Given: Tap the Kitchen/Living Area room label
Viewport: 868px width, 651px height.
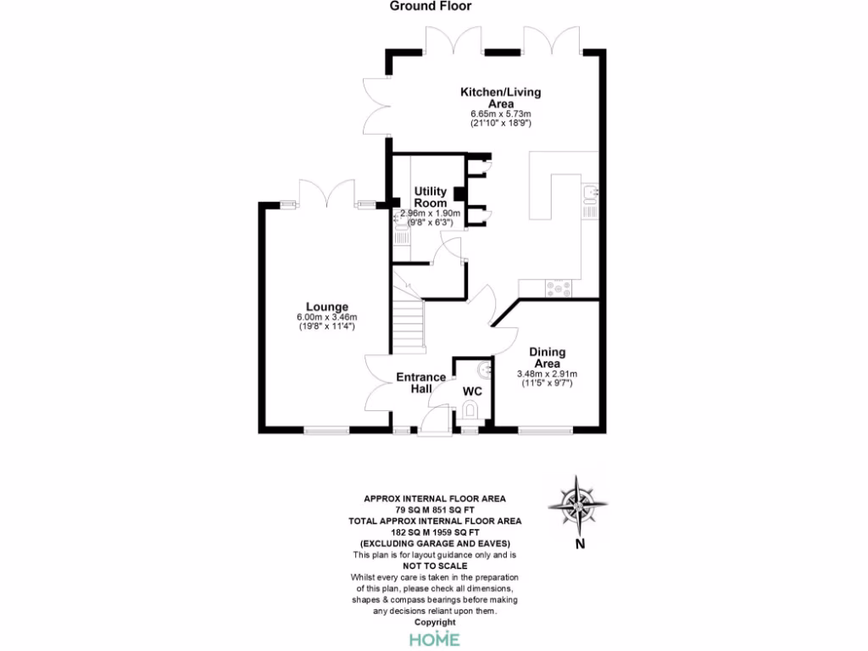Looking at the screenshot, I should click(500, 97).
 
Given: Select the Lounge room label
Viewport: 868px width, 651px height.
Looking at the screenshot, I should click(327, 307).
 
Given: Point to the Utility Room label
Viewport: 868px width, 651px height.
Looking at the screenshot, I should click(431, 198).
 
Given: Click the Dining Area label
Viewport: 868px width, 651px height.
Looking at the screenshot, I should click(547, 358).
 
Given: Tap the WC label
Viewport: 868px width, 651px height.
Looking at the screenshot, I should click(472, 392).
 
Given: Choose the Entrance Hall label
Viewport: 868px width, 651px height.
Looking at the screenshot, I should click(421, 383).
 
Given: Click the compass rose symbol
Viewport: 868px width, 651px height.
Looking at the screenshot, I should click(577, 506).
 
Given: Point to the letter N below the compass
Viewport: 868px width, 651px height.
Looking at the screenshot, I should click(579, 544).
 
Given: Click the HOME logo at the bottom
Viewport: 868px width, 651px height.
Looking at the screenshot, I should click(435, 638).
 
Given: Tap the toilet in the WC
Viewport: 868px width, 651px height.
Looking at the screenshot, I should click(472, 413).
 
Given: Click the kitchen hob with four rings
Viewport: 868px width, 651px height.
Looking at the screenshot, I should click(559, 287).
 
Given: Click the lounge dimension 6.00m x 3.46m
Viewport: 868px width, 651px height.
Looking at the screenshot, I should click(327, 318).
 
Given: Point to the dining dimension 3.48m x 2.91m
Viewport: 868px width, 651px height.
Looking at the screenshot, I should click(547, 374).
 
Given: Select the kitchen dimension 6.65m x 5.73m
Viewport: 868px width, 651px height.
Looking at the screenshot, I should click(500, 114).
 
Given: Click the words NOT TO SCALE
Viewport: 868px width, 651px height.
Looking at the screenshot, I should click(434, 565).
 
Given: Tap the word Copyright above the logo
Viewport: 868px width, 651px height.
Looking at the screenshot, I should click(434, 622).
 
